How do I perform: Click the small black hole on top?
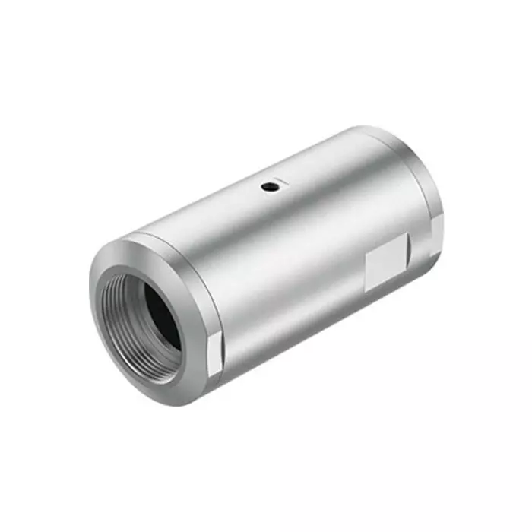tap(268, 185)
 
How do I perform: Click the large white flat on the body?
tap(385, 263)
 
